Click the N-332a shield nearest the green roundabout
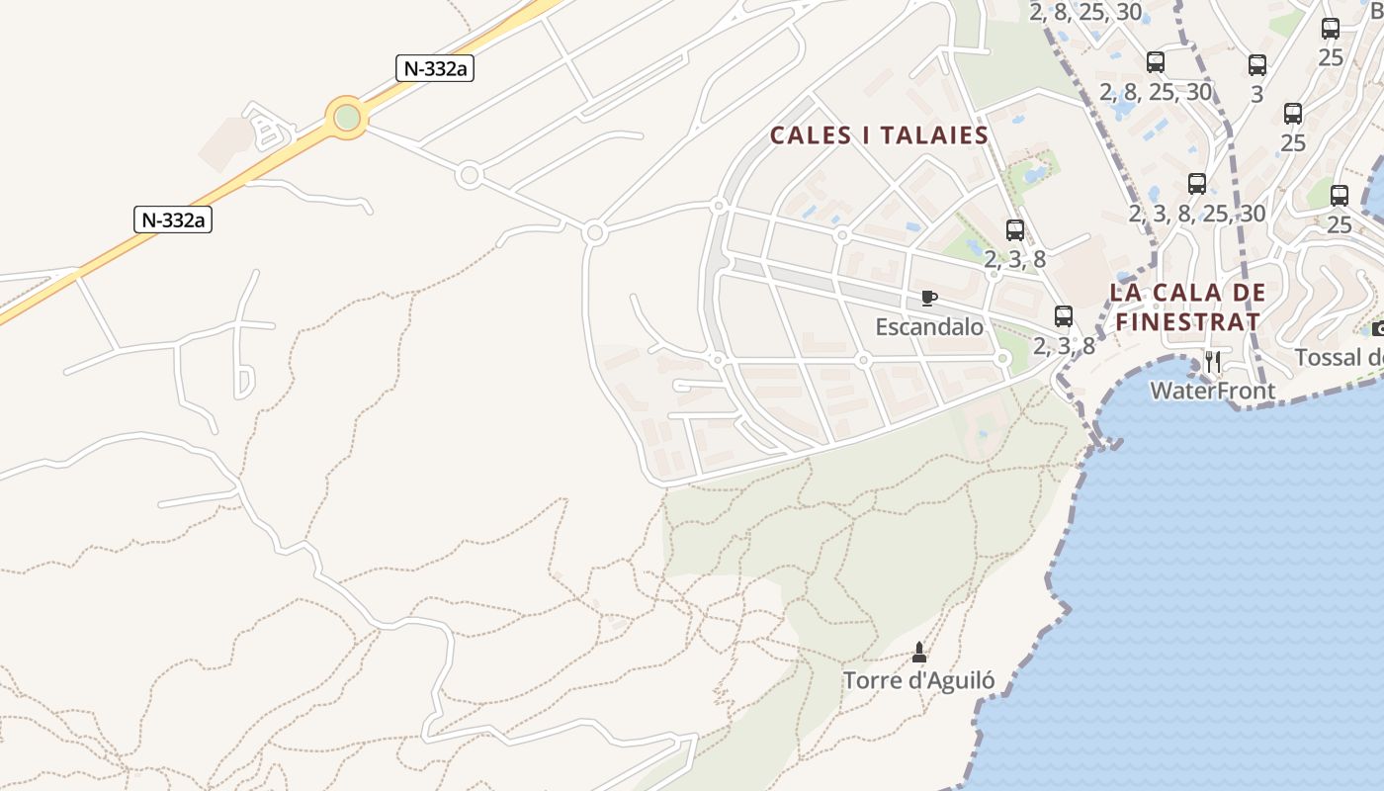[x=434, y=68]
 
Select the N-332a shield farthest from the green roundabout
[x=173, y=220]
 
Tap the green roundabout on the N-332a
[x=347, y=118]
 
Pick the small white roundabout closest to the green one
[x=470, y=176]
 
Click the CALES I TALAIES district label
[x=879, y=135]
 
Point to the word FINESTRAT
[x=1187, y=321]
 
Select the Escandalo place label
[x=929, y=326]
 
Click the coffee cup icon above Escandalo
[x=929, y=298]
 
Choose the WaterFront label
[x=1213, y=391]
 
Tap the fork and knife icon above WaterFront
[x=1213, y=362]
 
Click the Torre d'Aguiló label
[x=918, y=680]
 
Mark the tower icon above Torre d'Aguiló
[x=919, y=653]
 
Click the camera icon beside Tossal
[x=1378, y=330]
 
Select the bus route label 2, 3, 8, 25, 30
[x=1197, y=213]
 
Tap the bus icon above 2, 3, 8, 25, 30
[x=1197, y=184]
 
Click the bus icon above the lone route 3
[x=1257, y=65]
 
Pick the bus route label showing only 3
[x=1257, y=95]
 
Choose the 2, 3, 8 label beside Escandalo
[x=1064, y=345]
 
